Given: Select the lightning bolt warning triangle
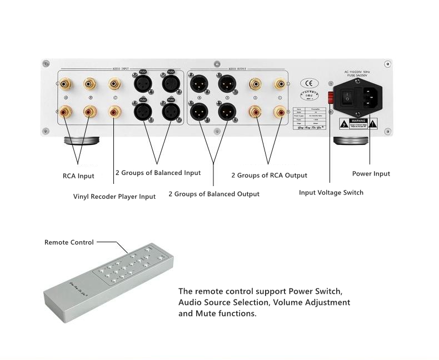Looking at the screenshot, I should [345, 123].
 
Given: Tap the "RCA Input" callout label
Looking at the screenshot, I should [78, 176].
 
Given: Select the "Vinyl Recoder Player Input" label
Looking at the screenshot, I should [114, 196].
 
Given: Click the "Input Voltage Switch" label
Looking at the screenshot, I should [331, 193].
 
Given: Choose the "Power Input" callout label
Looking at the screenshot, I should [371, 174].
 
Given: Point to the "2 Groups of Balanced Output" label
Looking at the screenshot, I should [213, 194].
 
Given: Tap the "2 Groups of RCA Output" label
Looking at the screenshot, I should [269, 176].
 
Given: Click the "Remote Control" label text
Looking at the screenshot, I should [69, 242].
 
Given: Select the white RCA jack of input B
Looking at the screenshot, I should [89, 84].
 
